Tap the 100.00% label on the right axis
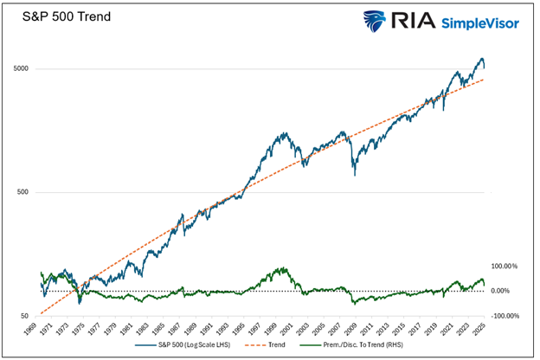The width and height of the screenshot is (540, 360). coord(505,266)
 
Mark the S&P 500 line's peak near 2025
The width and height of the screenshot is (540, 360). coord(481,59)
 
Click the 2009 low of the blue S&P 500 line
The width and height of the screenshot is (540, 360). coord(353,174)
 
